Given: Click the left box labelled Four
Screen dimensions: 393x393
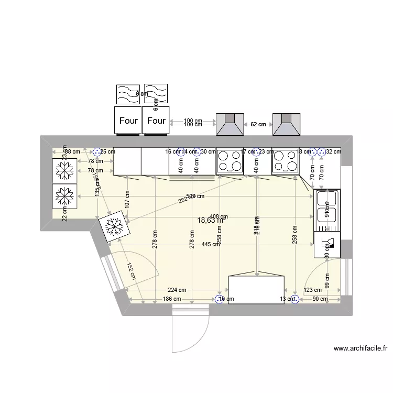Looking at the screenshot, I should (128, 120).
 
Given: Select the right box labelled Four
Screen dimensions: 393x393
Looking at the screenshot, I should (156, 120).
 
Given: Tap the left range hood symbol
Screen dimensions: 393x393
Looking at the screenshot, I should (230, 125).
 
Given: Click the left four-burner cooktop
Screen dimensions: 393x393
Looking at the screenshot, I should (230, 161).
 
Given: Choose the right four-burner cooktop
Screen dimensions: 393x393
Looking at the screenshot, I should (286, 161).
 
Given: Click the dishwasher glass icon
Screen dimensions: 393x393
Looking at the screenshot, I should (326, 244).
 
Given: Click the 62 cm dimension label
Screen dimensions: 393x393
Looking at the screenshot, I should (258, 125).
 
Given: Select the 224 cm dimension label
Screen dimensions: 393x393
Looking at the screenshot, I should (177, 290).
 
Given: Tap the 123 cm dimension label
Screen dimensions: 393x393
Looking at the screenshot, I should (312, 290).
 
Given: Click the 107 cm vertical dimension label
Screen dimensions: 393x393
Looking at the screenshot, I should (127, 197).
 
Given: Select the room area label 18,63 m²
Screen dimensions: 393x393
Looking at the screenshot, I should (210, 221).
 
